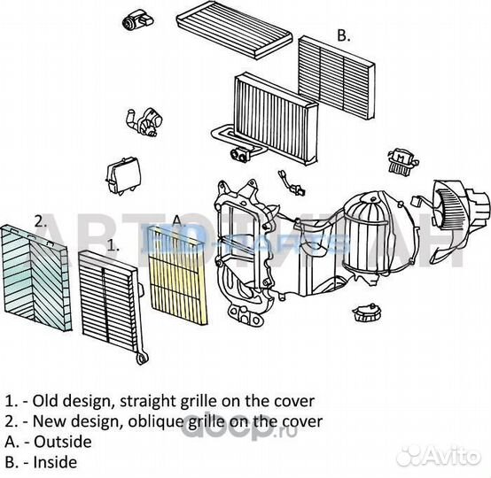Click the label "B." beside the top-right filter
tap(344, 36)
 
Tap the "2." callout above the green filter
tap(40, 220)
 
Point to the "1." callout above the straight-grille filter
tap(113, 243)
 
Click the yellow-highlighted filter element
tap(179, 274)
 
